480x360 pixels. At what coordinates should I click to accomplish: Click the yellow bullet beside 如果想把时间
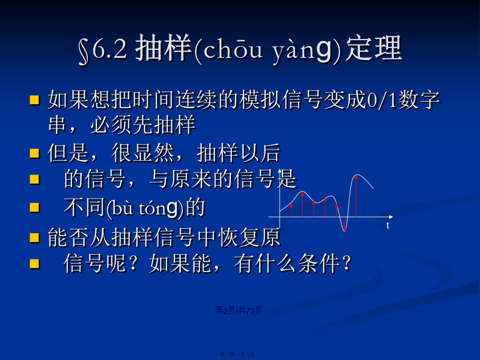click(x=35, y=100)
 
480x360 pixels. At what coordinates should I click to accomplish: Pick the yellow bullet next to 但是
click(x=35, y=153)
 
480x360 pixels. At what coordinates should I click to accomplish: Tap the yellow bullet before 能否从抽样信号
click(x=35, y=237)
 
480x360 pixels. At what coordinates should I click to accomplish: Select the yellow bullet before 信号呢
click(x=35, y=263)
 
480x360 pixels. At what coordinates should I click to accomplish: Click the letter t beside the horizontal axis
click(x=388, y=226)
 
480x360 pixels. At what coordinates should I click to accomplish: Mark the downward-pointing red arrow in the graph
click(x=345, y=224)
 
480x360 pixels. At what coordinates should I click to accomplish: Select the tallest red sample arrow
click(x=356, y=196)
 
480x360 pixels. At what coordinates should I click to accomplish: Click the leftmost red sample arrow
click(x=291, y=210)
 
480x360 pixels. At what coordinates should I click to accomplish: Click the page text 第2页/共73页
click(x=238, y=310)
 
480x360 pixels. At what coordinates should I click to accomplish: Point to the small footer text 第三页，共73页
click(x=239, y=354)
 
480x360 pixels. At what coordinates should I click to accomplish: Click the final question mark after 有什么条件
click(x=347, y=263)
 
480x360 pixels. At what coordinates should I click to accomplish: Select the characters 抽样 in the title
click(x=163, y=49)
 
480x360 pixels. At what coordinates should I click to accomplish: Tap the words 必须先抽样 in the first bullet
click(x=143, y=125)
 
